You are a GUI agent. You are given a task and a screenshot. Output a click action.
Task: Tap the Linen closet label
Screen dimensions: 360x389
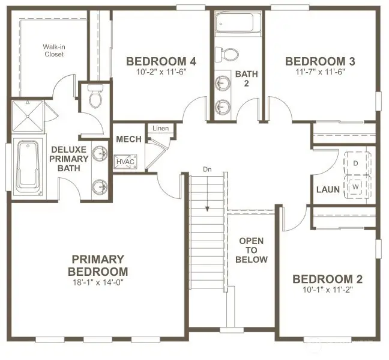pos(160,129)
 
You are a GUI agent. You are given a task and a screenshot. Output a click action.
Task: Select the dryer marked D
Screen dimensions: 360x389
pos(355,163)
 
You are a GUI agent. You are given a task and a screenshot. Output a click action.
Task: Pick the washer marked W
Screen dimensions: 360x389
pos(355,186)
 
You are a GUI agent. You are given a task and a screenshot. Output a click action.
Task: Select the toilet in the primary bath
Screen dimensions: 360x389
pos(95,97)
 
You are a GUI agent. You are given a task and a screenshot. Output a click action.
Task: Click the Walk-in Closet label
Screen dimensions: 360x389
pos(53,50)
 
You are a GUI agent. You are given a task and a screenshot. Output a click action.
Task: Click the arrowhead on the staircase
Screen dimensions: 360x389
pos(207,209)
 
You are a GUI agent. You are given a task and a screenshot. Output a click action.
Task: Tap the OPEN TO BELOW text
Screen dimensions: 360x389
pos(252,250)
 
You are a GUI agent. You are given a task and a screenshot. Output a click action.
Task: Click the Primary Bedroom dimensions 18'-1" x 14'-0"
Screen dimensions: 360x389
pos(98,281)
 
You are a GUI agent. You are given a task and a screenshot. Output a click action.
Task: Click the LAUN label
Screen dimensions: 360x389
pos(328,190)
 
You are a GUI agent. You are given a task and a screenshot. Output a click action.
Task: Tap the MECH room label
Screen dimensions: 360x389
pos(128,139)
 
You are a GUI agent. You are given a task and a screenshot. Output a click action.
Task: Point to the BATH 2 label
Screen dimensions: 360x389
pos(246,79)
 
